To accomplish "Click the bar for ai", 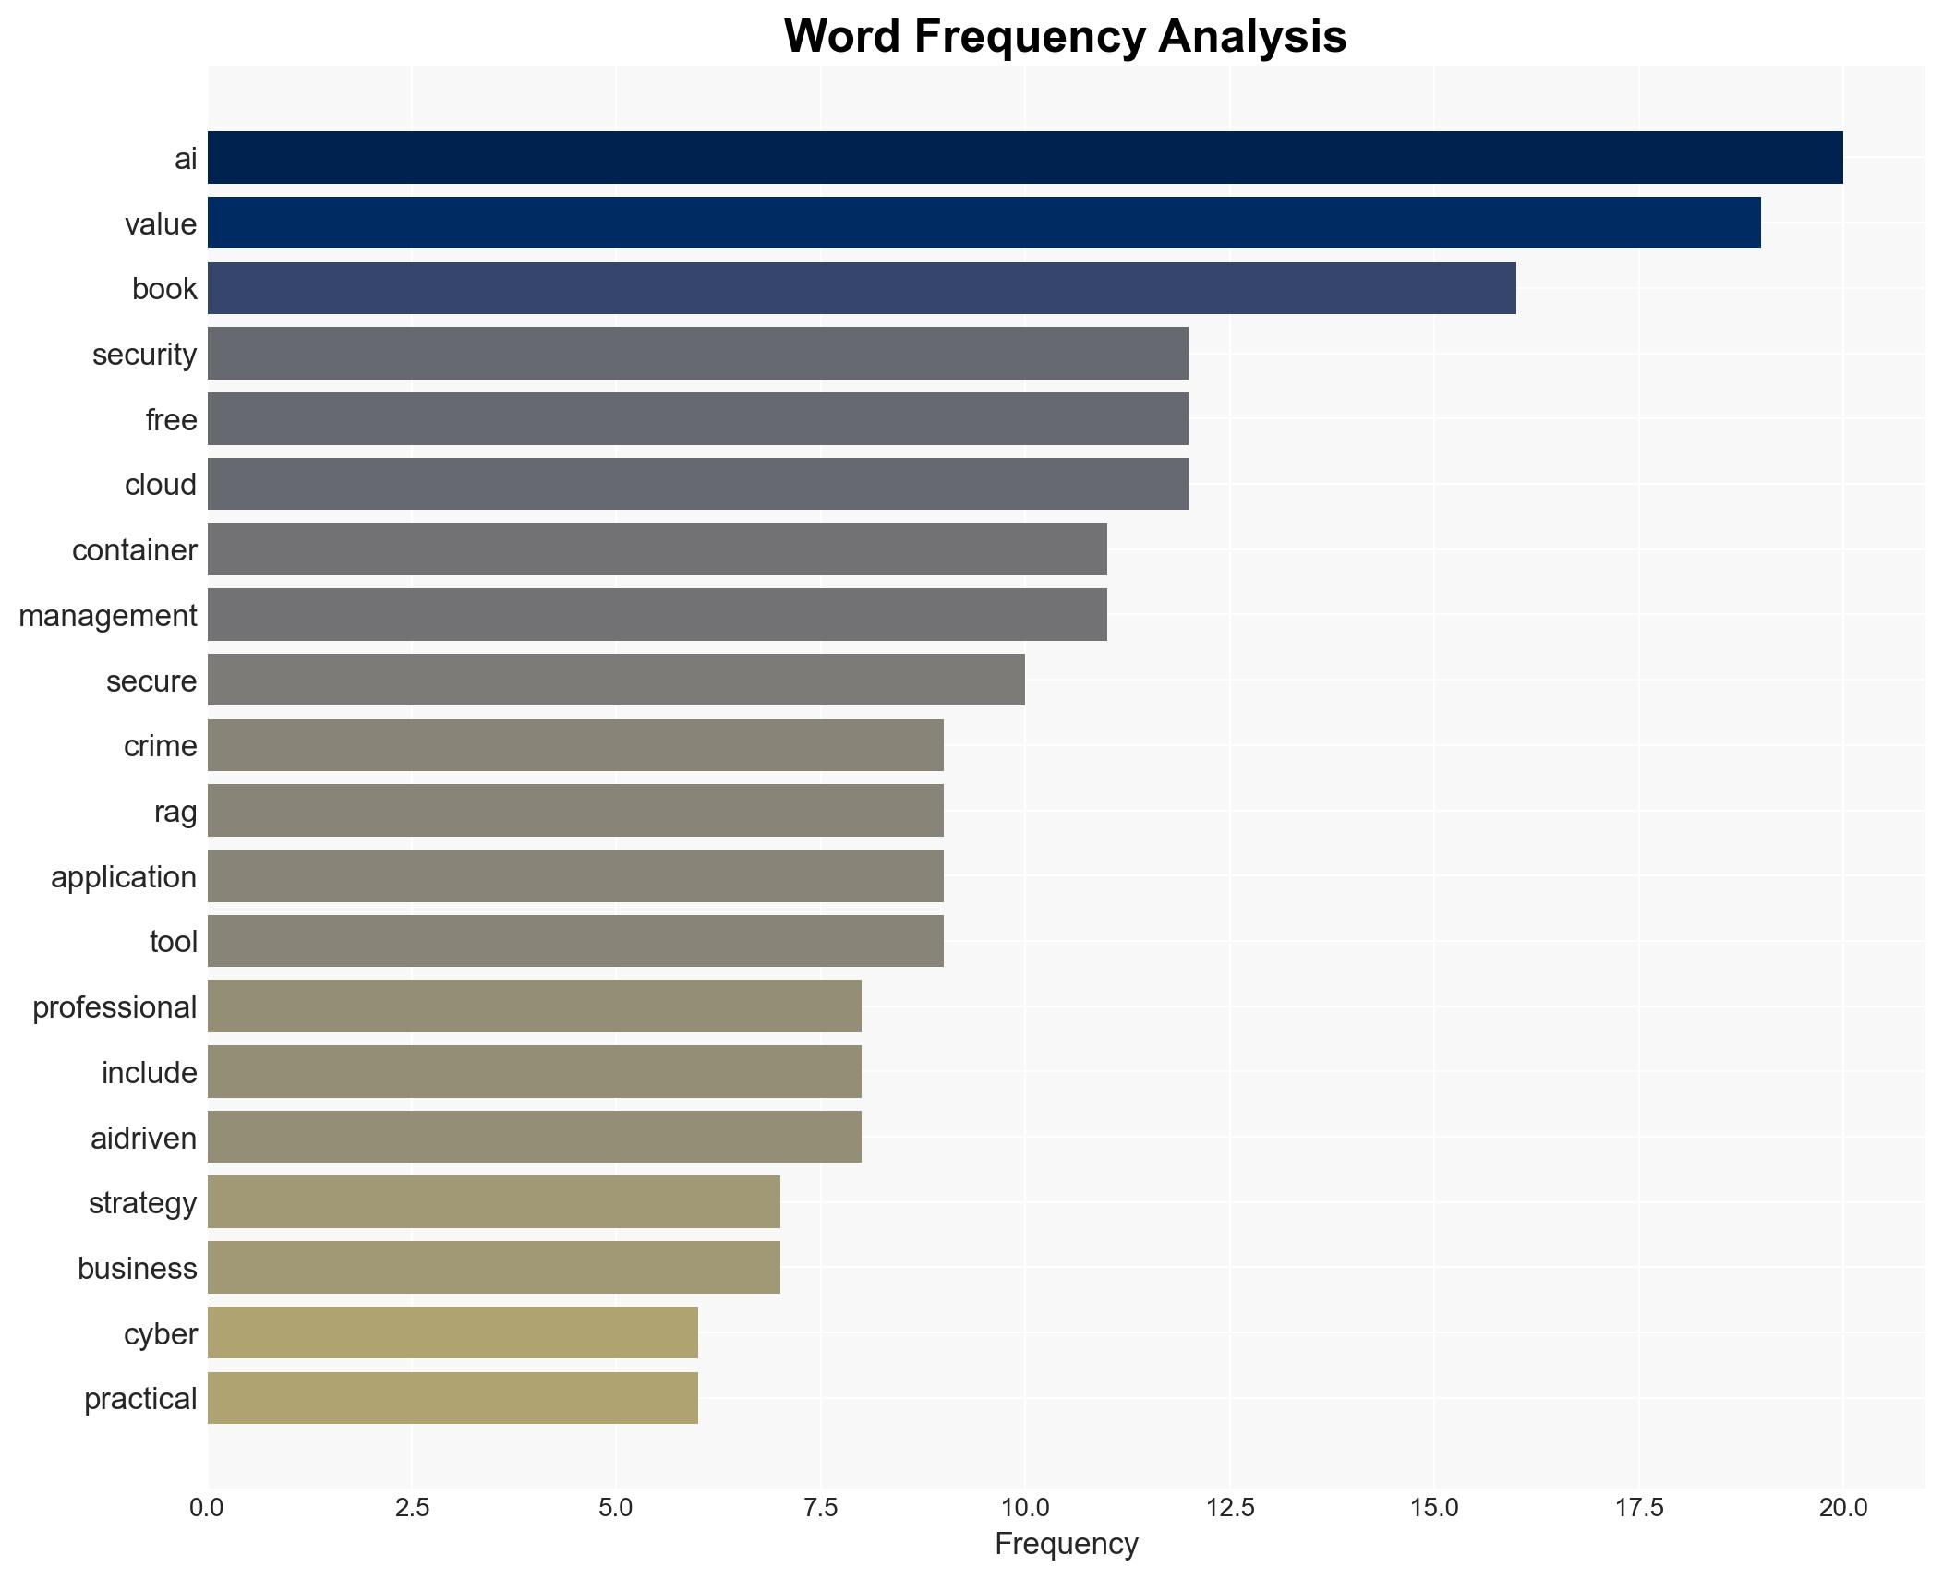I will point(1025,157).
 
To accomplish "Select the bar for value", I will point(984,223).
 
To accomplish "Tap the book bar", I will point(862,288).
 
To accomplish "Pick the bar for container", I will point(657,549).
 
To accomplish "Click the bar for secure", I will point(616,680).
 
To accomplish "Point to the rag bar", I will point(575,811).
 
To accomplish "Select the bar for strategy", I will point(493,1202).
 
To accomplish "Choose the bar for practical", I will point(453,1398).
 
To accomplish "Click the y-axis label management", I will point(108,616).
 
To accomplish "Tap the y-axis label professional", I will point(115,1007).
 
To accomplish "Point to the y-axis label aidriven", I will point(143,1139).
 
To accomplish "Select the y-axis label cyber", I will point(160,1334).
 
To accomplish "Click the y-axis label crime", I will point(160,746).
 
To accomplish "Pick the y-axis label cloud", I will point(161,485).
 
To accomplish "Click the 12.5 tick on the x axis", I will point(1229,1508).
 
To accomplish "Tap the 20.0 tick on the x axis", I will point(1842,1508).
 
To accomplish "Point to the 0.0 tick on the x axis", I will point(207,1508).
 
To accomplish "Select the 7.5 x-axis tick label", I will point(820,1508).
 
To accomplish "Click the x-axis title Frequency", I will point(1066,1545).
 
